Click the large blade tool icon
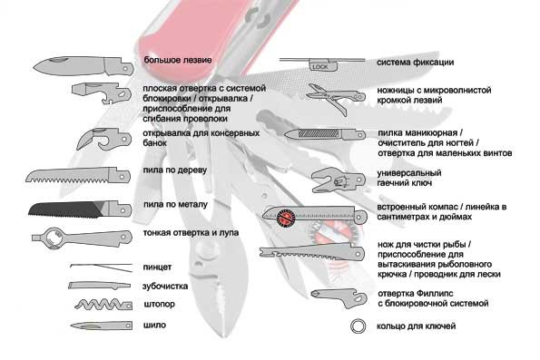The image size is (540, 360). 83,65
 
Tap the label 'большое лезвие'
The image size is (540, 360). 178,60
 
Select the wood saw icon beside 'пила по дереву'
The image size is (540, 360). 78,176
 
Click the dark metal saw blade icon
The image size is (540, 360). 80,209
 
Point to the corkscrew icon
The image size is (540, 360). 103,305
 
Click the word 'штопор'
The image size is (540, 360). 159,305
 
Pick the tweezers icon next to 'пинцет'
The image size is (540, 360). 102,268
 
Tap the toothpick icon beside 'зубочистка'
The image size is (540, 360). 99,286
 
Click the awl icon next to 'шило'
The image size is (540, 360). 102,326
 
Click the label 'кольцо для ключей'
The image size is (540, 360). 416,326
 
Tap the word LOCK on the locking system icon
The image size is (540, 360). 320,67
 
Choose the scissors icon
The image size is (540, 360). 336,98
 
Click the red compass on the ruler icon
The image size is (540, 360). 285,218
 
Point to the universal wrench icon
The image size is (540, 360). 338,180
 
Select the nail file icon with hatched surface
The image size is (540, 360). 325,134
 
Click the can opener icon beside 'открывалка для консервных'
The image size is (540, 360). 103,139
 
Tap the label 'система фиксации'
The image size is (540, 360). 415,63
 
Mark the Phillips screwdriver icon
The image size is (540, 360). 339,297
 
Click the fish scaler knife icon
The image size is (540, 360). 311,252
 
